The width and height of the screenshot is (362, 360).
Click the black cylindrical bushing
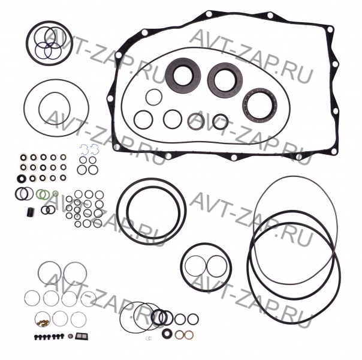point(30,212)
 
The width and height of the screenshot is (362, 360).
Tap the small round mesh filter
point(71,336)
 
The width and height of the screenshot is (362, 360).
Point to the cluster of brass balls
point(43,323)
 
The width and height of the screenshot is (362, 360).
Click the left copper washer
point(179,335)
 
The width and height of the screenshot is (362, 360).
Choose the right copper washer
point(188,335)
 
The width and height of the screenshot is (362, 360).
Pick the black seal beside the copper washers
point(167,334)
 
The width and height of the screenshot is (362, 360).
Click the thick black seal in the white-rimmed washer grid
point(22,179)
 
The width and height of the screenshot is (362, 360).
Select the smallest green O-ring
point(55,193)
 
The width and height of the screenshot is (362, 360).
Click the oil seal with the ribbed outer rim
point(260,104)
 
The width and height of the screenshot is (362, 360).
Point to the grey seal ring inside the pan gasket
point(196,121)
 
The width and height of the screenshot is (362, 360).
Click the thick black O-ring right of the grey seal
point(220,122)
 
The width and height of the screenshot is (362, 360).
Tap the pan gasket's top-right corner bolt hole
point(330,29)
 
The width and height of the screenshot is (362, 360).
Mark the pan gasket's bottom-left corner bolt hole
point(116,147)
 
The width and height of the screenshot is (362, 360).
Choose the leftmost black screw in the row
point(37,337)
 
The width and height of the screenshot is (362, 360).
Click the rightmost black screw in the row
point(62,336)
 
